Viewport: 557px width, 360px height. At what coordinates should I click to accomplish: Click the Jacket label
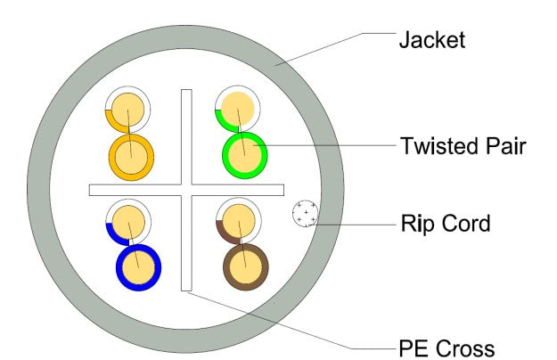(x=431, y=40)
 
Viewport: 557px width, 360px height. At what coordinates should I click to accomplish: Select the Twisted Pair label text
(x=462, y=145)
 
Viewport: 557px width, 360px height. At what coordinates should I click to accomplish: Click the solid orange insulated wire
(x=131, y=157)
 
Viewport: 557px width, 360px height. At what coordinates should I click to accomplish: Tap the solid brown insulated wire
(x=245, y=265)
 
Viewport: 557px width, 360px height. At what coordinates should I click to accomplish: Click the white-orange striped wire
(x=127, y=111)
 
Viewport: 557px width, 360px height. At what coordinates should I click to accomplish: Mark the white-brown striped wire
(x=236, y=220)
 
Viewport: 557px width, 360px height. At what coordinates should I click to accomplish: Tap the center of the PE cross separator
(x=185, y=190)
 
